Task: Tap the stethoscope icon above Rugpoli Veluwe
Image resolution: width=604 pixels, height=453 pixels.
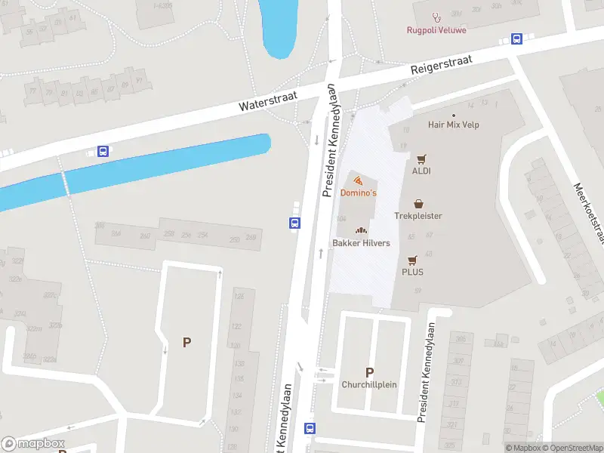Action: coord(436,17)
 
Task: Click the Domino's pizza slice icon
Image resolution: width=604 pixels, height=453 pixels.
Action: coord(358,180)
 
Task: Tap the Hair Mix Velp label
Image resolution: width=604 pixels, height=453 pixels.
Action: coord(454,125)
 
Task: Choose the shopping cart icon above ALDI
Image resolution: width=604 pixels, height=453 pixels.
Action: coord(421,159)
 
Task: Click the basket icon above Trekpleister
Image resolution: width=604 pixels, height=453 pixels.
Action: coord(418,204)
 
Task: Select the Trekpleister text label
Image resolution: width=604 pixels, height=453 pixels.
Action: coord(418,216)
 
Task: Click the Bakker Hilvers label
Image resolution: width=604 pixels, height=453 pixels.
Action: coord(361,243)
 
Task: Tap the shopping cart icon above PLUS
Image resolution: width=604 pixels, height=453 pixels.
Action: coord(412,260)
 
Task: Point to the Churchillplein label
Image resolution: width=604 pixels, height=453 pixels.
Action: coord(370,384)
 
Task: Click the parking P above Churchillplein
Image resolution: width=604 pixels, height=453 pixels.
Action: coord(370,372)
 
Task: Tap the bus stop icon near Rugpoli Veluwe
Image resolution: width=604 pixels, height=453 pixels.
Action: coord(517,39)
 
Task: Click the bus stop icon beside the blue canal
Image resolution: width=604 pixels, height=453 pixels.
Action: coord(103,151)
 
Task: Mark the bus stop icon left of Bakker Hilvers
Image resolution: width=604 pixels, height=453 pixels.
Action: coord(294,223)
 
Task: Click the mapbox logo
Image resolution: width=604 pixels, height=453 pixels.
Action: coord(33,444)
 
